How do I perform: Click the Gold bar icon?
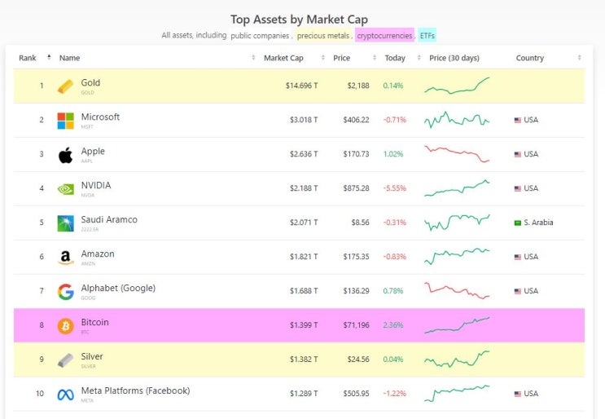65,86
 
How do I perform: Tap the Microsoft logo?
65,120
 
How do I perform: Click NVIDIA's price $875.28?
354,188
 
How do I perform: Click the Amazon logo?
65,257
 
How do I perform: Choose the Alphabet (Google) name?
118,288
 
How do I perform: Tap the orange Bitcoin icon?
65,326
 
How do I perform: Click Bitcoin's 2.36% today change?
394,325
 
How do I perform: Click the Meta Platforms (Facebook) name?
135,390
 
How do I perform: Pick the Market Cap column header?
283,58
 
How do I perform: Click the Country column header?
530,58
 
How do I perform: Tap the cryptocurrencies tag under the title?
384,36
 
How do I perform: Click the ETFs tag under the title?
427,36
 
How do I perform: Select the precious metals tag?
322,36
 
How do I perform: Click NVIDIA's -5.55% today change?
394,188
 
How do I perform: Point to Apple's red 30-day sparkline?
457,153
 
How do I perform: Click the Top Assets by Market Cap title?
299,19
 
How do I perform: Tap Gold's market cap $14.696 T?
301,86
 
